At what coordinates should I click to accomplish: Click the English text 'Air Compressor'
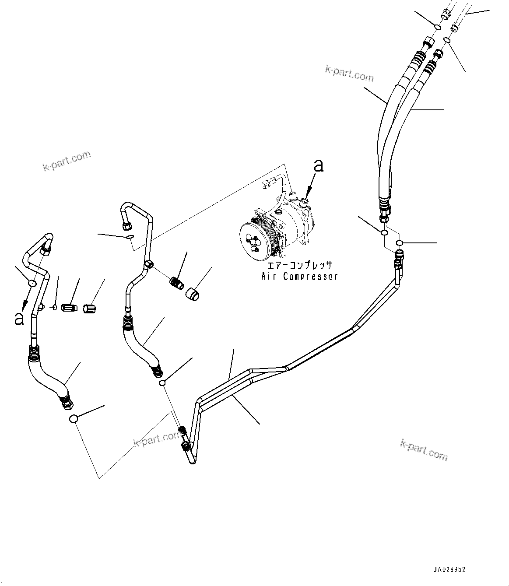click(299, 277)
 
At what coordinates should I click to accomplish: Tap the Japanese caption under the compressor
click(300, 266)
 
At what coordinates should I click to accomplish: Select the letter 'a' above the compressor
click(319, 165)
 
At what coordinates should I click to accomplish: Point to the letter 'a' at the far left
click(19, 319)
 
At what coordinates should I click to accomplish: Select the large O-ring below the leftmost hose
click(74, 419)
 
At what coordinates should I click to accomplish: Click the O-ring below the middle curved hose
click(162, 383)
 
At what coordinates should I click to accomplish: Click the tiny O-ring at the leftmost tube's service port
click(54, 307)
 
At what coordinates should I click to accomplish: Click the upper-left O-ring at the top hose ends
click(437, 28)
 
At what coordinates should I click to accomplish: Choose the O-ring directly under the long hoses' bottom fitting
click(384, 232)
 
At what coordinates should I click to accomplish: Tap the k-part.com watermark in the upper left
click(67, 161)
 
